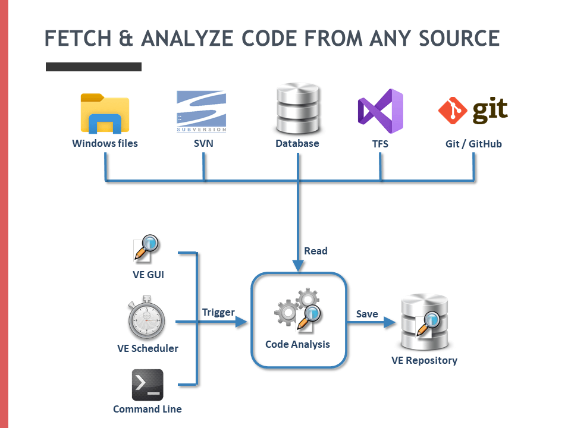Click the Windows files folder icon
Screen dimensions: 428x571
click(105, 113)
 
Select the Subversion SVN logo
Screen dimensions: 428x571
click(201, 111)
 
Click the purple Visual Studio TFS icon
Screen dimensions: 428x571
click(381, 111)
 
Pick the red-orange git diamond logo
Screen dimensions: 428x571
click(451, 110)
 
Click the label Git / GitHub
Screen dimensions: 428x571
click(473, 144)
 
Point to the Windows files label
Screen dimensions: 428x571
click(105, 143)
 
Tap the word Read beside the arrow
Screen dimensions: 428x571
click(316, 251)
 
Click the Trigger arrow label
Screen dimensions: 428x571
click(218, 313)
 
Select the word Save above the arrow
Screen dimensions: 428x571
click(367, 314)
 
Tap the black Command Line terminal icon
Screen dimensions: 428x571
click(147, 385)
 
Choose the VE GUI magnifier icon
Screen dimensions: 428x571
click(146, 250)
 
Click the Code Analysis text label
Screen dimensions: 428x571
click(297, 344)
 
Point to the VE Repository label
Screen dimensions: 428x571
click(424, 360)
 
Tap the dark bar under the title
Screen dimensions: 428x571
click(93, 67)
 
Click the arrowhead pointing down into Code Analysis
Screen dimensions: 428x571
click(297, 265)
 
